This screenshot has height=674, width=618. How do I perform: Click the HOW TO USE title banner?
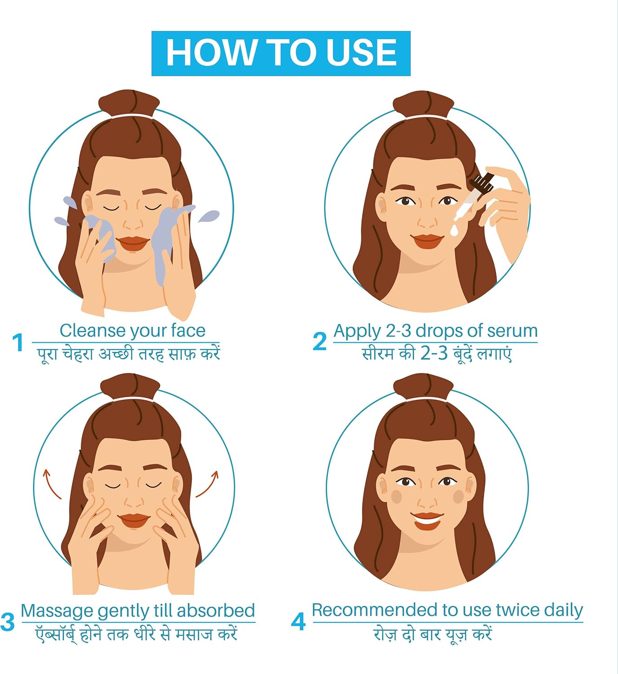click(x=281, y=53)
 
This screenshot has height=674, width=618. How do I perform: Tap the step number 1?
click(x=18, y=342)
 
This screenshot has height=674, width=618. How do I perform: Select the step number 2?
click(x=320, y=341)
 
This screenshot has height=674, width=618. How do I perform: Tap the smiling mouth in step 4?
click(x=427, y=520)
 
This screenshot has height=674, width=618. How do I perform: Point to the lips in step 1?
click(x=133, y=244)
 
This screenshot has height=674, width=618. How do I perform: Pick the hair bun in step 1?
click(x=129, y=103)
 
